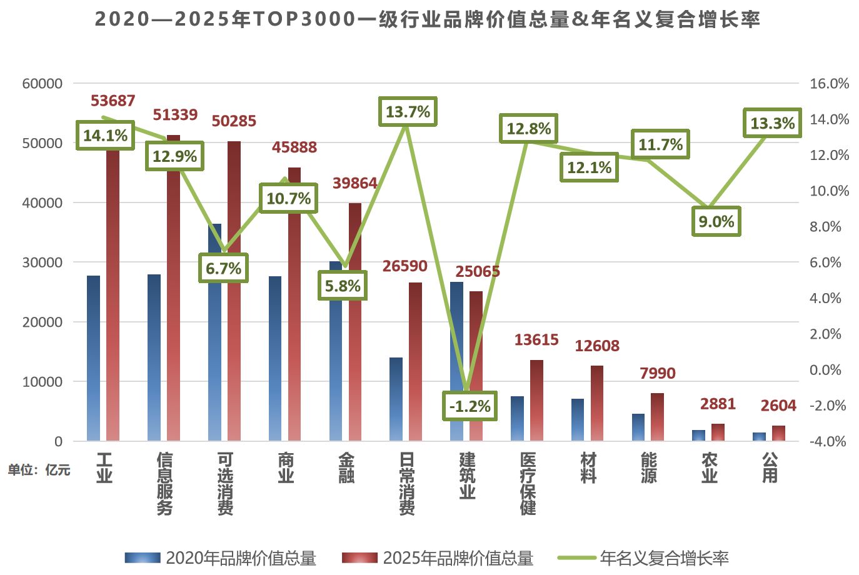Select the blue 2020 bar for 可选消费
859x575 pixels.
point(214,337)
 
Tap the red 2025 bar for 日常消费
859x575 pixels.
point(415,362)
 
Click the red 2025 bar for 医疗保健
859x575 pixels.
point(536,400)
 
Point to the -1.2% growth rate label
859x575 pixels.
point(470,406)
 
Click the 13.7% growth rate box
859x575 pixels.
point(408,112)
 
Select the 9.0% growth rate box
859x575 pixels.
point(716,222)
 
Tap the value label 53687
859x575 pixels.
point(113,101)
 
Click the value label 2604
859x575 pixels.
point(778,406)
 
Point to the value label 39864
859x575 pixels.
point(354,183)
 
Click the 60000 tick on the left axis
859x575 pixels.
point(43,84)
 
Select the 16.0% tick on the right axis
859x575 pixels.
point(829,84)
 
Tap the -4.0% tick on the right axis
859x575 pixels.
point(828,441)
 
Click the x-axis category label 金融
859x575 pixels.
point(346,468)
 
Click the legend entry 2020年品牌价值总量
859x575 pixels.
point(221,558)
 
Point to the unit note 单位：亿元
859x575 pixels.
point(39,470)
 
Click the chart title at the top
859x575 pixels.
point(428,19)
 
